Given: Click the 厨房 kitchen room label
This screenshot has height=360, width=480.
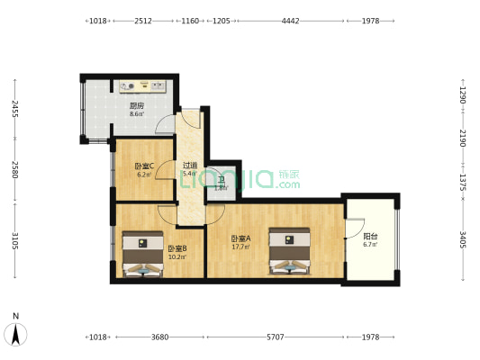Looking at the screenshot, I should (137, 105).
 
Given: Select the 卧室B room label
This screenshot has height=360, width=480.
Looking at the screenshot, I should (176, 248).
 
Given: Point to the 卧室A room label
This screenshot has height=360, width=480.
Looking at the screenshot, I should (240, 238).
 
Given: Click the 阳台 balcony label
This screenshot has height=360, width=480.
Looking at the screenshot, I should (369, 238).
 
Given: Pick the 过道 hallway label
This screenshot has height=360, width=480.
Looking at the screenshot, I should (190, 166).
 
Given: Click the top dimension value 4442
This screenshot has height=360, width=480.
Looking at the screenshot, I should (291, 20).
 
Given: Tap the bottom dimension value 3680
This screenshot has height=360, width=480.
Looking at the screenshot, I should (159, 337).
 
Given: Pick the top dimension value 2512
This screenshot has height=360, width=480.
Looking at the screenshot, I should (142, 20).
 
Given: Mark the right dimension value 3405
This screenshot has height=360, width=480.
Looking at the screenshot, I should (462, 241).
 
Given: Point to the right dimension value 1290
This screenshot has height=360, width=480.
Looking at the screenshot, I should (462, 94).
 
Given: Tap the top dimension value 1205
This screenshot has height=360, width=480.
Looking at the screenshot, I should (220, 20).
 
